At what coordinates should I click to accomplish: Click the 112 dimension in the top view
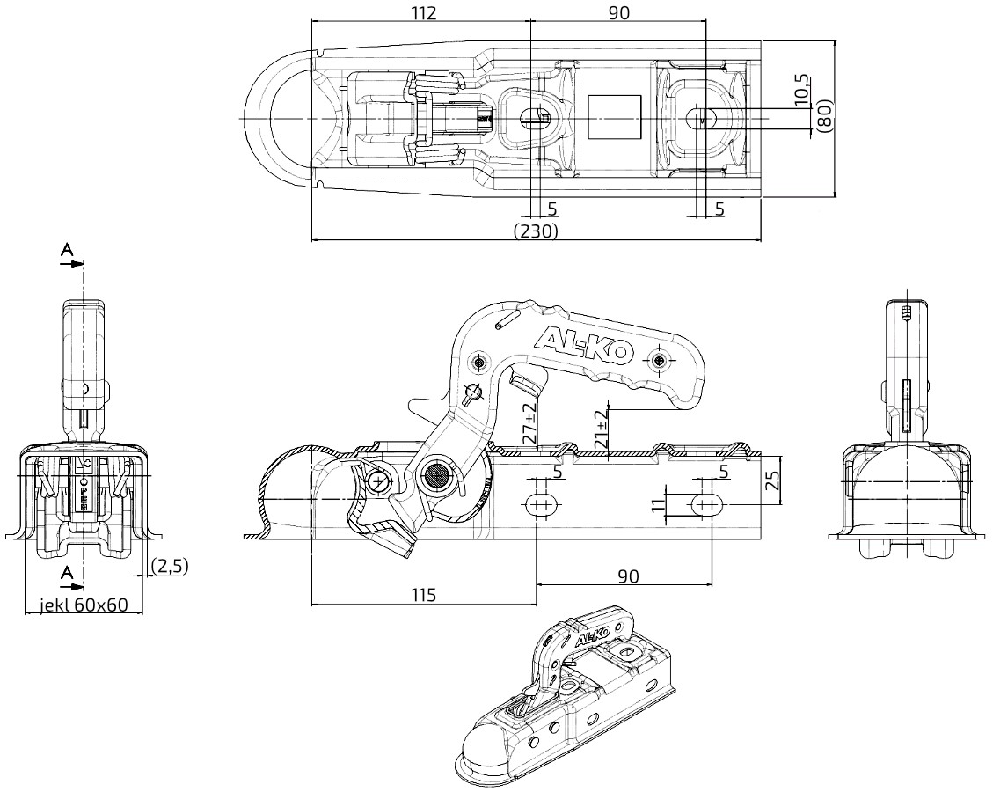pos(424,12)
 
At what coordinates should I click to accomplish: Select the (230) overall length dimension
pos(536,231)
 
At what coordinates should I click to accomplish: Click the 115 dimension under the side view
pos(423,595)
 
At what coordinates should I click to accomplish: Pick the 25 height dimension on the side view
pos(772,480)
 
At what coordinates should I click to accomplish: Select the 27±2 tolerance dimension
pos(530,422)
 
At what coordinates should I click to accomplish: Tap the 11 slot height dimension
pos(660,505)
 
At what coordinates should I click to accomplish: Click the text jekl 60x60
pos(84,605)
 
